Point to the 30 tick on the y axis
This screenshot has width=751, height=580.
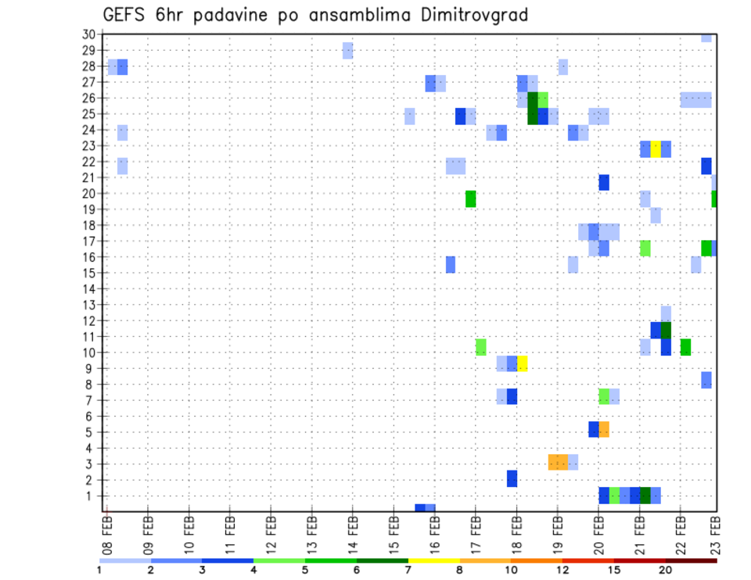(x=88, y=34)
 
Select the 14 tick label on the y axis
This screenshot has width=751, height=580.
(x=88, y=288)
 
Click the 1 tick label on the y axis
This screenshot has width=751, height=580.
(x=92, y=496)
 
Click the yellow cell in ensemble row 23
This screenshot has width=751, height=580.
(x=656, y=149)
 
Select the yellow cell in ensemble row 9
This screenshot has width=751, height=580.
(x=522, y=363)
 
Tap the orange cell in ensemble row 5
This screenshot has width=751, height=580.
(x=604, y=430)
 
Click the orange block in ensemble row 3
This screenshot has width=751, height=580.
(x=558, y=462)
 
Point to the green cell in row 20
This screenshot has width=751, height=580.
(x=471, y=199)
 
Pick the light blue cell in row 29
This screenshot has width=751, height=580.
(x=347, y=51)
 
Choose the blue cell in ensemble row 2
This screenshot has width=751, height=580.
(x=512, y=478)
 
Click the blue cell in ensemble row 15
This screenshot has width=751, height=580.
(x=451, y=265)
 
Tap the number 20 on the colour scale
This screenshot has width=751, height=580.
(x=665, y=571)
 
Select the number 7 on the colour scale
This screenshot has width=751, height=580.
(x=408, y=571)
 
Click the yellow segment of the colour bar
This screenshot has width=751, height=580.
(x=433, y=560)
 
